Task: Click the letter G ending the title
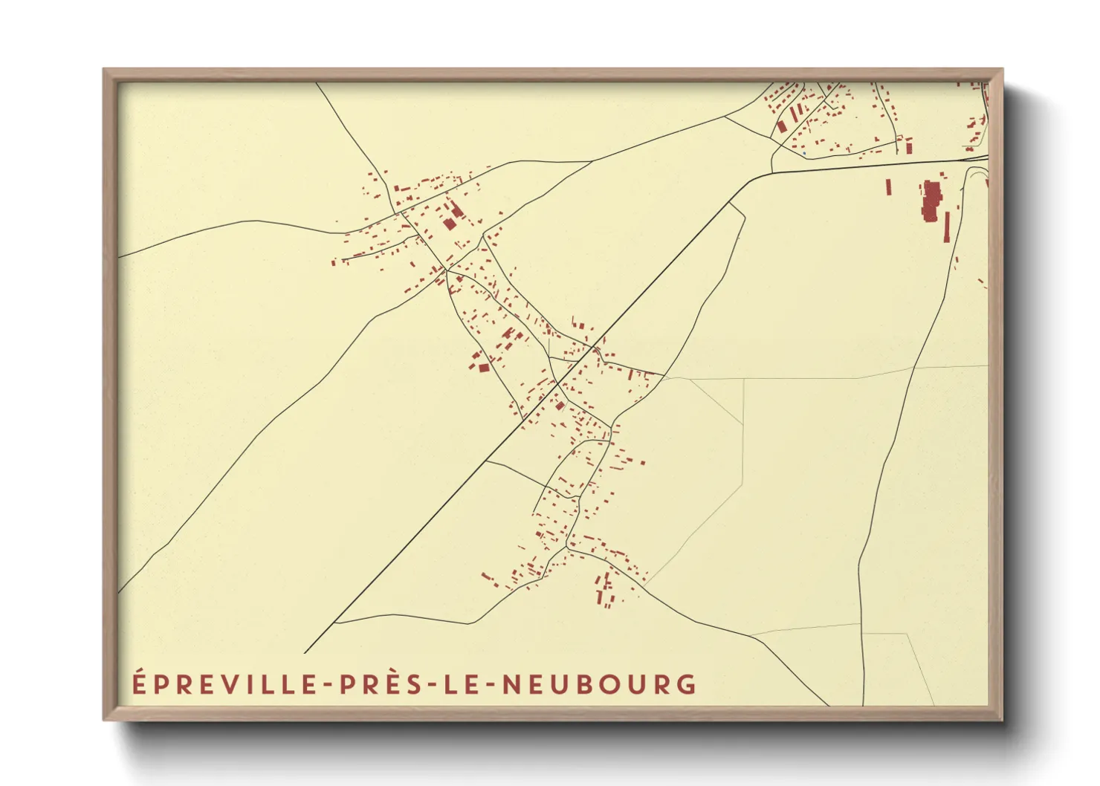[x=687, y=684]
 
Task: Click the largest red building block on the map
[x=931, y=200]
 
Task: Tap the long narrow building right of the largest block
[x=947, y=227]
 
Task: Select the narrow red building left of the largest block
[x=888, y=186]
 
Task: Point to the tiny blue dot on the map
[x=804, y=154]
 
